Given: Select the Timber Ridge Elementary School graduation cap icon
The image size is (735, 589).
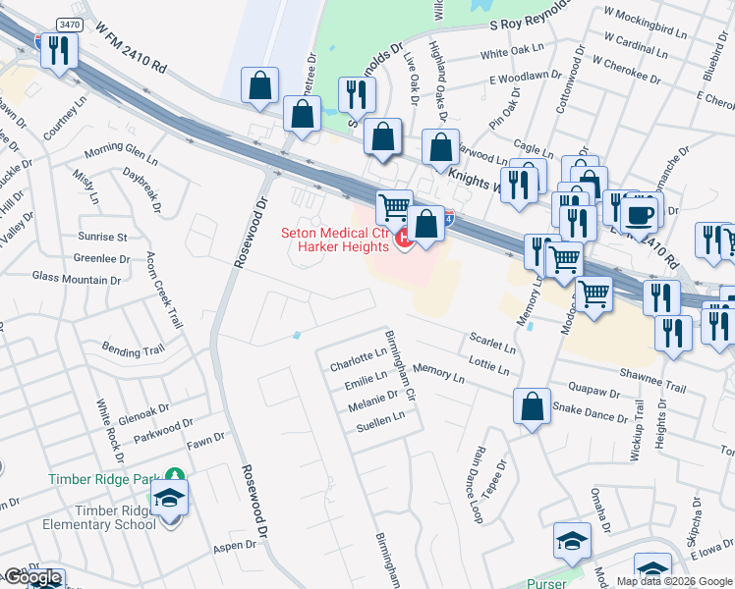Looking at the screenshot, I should (170, 501).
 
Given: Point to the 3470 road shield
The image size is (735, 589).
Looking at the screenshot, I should (69, 24).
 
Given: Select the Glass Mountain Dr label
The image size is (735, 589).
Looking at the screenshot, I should (76, 278).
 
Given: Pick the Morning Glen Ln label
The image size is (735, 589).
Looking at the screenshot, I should (121, 154).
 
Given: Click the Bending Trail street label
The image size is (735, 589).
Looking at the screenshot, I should (134, 350).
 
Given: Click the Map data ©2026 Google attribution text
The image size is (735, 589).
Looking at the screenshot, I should (674, 581).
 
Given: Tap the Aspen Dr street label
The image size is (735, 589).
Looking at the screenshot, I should (235, 546).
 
